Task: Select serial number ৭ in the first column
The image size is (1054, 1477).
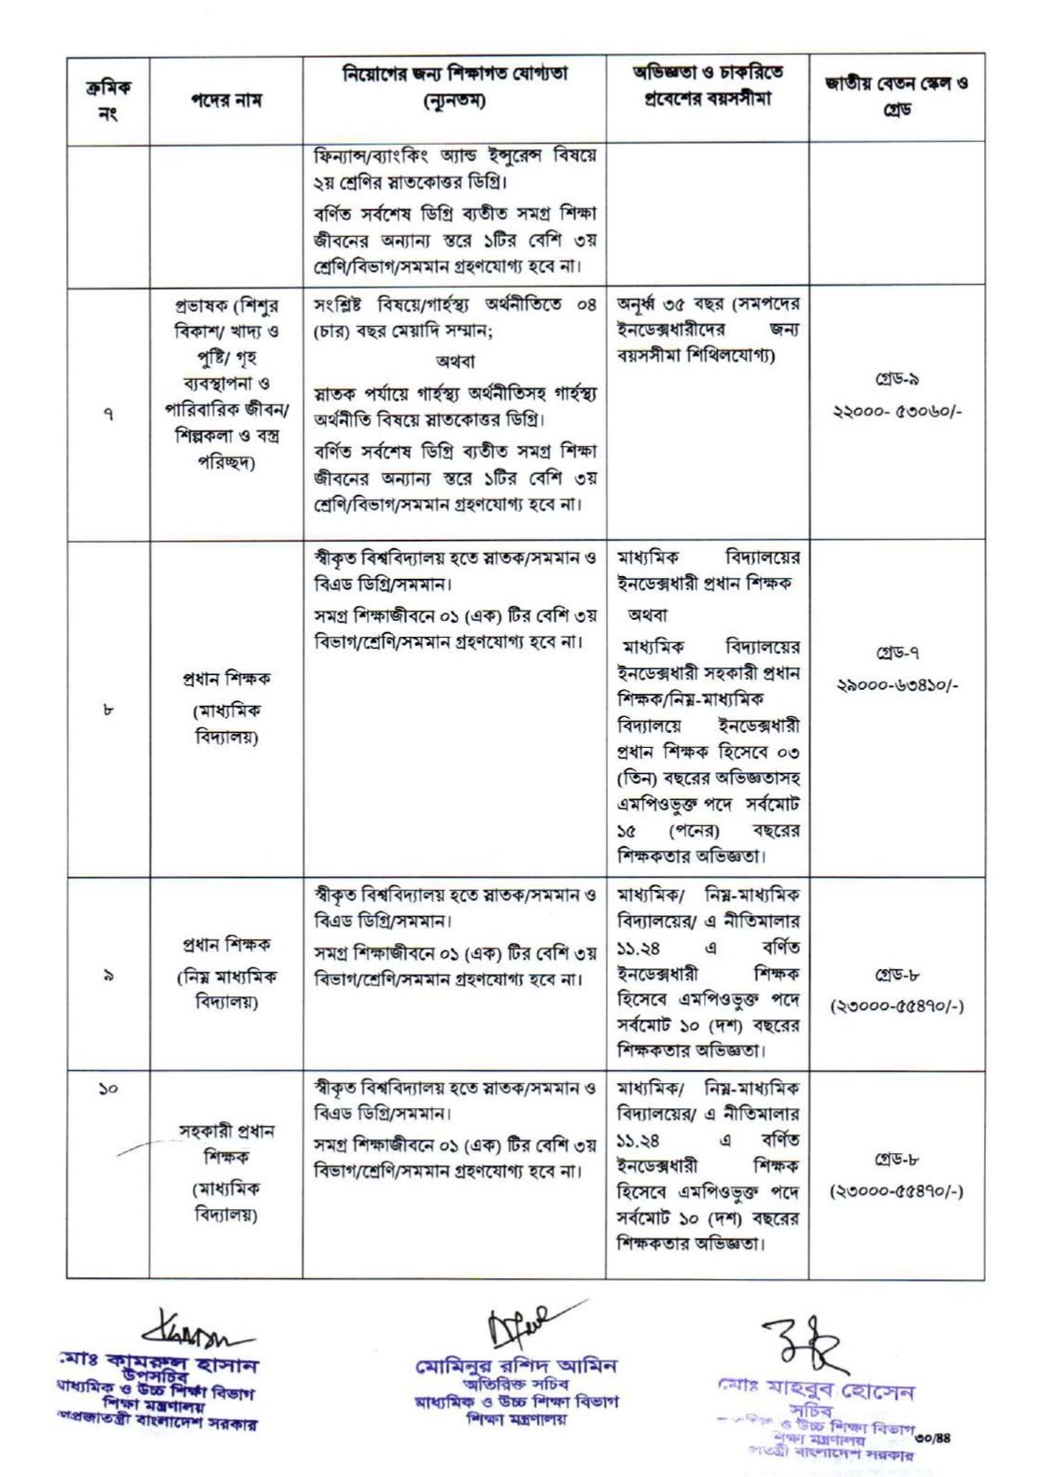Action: pyautogui.click(x=108, y=415)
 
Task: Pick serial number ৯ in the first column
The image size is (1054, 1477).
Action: pyautogui.click(x=108, y=977)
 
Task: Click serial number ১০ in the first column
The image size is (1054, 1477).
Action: pyautogui.click(x=108, y=1088)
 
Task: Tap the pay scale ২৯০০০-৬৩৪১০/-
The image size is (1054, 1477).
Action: pyautogui.click(x=895, y=684)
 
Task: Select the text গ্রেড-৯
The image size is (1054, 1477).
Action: pyautogui.click(x=895, y=381)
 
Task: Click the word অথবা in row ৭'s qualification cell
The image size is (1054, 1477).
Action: pyautogui.click(x=455, y=361)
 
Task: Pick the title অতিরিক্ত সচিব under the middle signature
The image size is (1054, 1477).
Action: pyautogui.click(x=515, y=1385)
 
